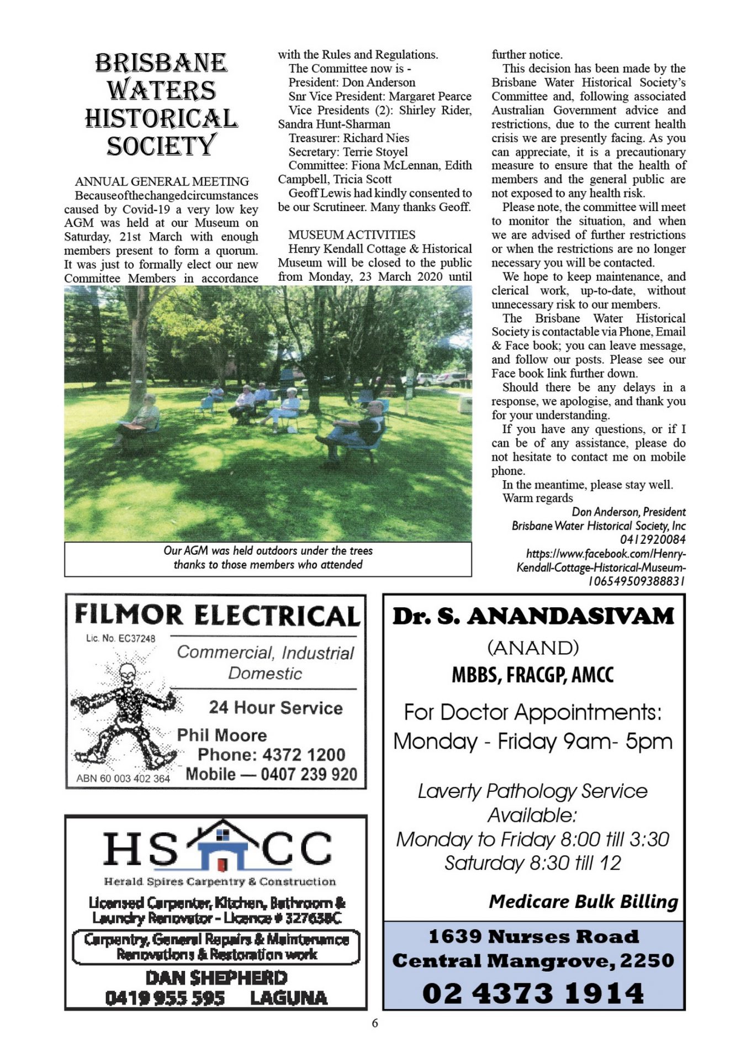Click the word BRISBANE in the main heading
tap(161, 63)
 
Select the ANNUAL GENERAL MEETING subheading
tap(162, 182)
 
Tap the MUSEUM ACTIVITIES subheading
tap(352, 235)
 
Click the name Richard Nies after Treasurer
tap(376, 138)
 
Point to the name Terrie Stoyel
tap(376, 152)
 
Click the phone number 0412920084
tap(652, 539)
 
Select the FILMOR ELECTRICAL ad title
tap(217, 616)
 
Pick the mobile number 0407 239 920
tap(309, 774)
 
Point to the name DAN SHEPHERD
tap(216, 978)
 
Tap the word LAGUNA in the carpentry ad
tap(288, 998)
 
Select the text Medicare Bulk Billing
tap(583, 901)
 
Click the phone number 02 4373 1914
tap(533, 993)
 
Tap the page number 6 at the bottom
tap(375, 1023)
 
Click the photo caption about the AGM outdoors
tap(268, 558)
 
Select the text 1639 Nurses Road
tap(534, 937)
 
